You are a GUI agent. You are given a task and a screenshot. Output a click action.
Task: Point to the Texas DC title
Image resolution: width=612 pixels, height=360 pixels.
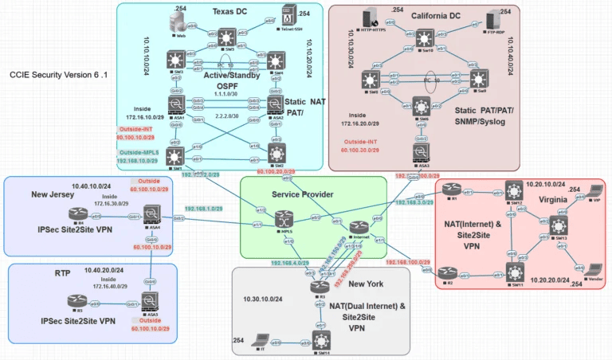pyautogui.click(x=231, y=11)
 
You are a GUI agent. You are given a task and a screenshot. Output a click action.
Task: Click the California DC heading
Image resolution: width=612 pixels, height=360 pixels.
pyautogui.click(x=436, y=15)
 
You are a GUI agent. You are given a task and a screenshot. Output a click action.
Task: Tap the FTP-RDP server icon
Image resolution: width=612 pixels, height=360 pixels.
pyautogui.click(x=504, y=15)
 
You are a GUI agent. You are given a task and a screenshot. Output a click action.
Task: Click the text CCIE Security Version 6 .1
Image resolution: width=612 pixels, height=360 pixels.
pyautogui.click(x=58, y=74)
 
